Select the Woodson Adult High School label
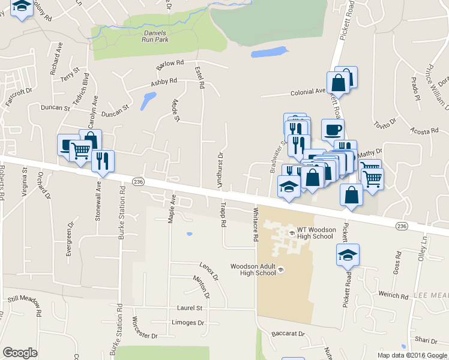(x=253, y=269)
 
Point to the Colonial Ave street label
(x=307, y=92)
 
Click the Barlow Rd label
(x=169, y=63)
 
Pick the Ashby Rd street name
(x=164, y=81)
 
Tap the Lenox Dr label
(x=208, y=271)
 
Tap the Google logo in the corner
(x=20, y=353)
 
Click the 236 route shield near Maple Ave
(x=139, y=182)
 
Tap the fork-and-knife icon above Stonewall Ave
(x=103, y=161)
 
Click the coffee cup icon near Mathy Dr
(x=333, y=128)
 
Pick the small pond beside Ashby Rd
(x=147, y=101)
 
